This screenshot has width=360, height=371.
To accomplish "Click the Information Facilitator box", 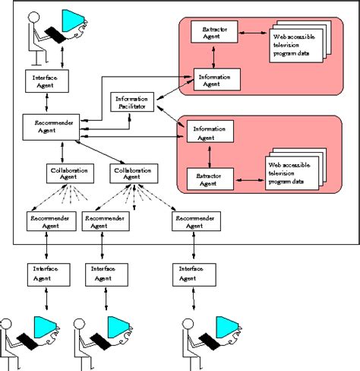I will pyautogui.click(x=134, y=103).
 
